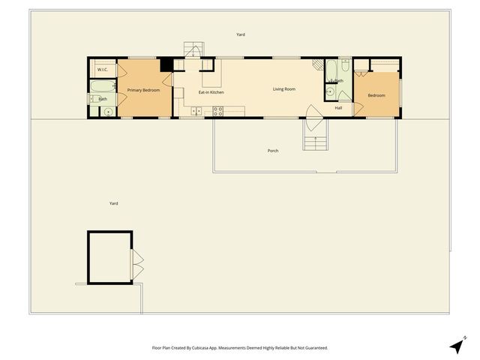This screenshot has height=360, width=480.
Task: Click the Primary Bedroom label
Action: click(x=143, y=90)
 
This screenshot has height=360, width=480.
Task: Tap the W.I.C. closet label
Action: click(x=103, y=70)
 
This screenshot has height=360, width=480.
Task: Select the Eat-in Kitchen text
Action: click(x=211, y=92)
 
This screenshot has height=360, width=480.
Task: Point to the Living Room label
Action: click(x=283, y=89)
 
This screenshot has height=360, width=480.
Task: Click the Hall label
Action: click(x=338, y=108)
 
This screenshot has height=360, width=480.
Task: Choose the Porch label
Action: click(x=273, y=151)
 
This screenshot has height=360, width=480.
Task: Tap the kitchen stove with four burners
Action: click(x=218, y=111)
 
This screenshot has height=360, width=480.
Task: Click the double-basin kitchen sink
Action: click(x=196, y=112)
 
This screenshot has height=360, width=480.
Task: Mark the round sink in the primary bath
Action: click(x=108, y=112)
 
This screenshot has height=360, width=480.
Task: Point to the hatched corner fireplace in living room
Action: click(x=317, y=65)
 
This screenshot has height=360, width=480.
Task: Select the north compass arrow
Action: click(x=457, y=346)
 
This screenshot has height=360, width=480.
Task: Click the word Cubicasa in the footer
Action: click(x=199, y=348)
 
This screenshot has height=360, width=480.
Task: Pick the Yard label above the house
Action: click(x=241, y=34)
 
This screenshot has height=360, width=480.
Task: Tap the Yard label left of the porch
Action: click(x=113, y=203)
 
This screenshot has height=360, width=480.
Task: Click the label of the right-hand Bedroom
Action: click(x=376, y=95)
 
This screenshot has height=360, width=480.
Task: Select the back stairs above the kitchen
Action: click(x=194, y=49)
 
